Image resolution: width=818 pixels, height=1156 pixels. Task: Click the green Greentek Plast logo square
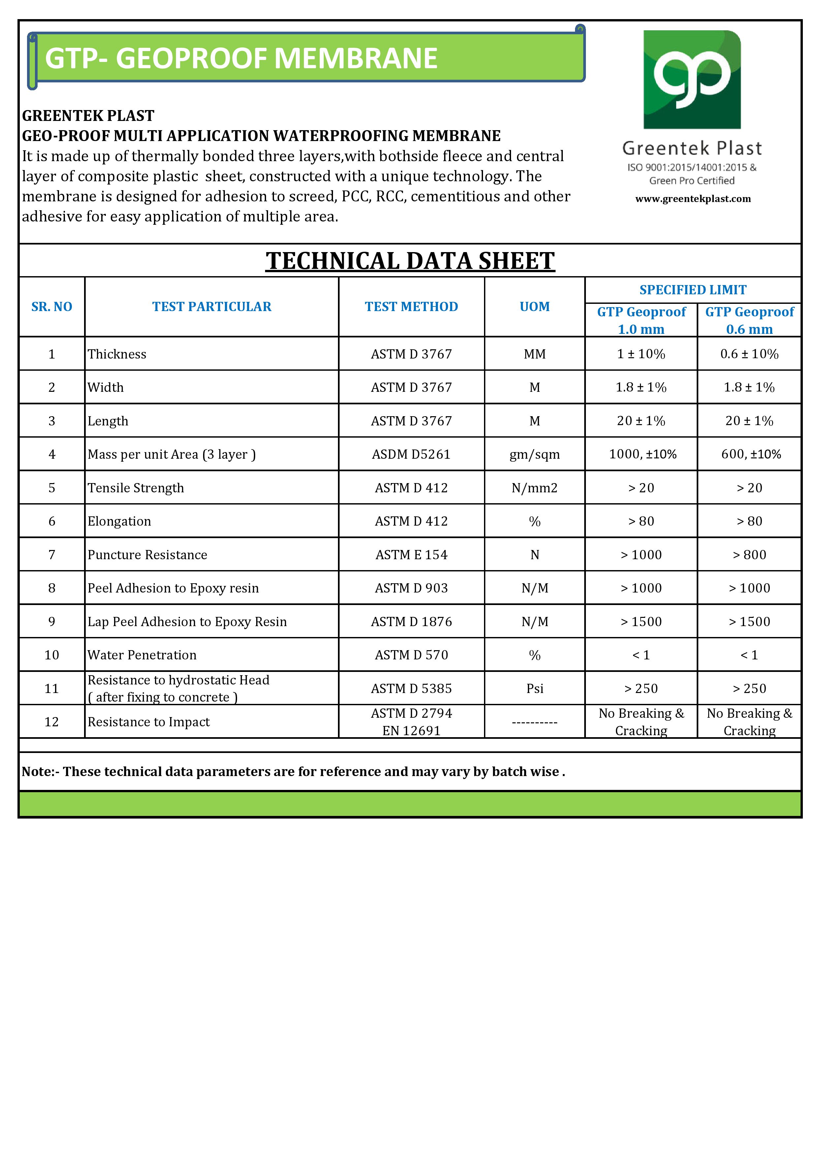pos(692,79)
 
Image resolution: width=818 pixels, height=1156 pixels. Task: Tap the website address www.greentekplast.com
pos(693,199)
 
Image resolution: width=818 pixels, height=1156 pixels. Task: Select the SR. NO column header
pos(51,306)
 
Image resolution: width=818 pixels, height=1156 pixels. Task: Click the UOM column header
pos(534,306)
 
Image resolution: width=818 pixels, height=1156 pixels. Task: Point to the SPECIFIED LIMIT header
pos(693,290)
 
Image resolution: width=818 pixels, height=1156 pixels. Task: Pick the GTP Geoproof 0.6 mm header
pos(749,320)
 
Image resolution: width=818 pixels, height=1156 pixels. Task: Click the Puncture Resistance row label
pos(147,555)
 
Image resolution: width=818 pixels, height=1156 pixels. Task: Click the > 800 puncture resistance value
pos(749,555)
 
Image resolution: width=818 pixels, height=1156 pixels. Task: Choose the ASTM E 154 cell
pos(411,555)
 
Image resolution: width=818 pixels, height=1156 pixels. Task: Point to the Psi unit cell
pos(534,689)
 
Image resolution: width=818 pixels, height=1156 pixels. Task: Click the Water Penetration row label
pos(142,655)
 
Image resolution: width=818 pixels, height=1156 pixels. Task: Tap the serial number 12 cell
pos(51,722)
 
